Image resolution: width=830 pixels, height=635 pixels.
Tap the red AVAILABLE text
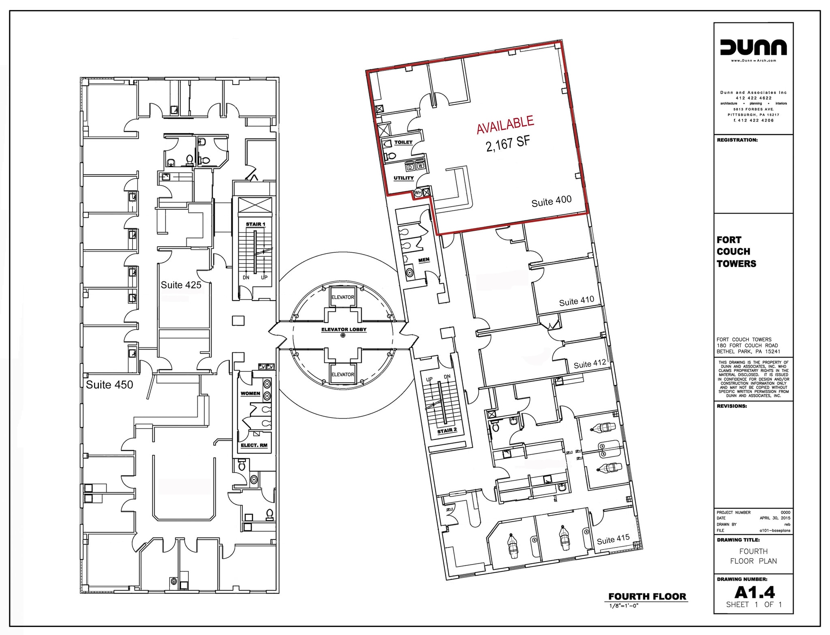tap(505, 124)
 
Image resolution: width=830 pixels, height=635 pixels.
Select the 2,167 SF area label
tap(508, 144)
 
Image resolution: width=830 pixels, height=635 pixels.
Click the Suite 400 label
tap(552, 201)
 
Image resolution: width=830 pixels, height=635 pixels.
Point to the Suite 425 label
tap(181, 285)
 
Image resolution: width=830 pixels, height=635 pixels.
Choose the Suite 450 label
tap(109, 385)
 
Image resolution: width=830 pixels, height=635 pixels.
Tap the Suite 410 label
tap(576, 301)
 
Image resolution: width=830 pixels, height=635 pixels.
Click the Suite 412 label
tap(590, 364)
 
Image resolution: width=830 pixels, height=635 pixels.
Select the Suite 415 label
tap(613, 539)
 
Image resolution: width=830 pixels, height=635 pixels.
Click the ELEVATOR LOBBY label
tap(344, 329)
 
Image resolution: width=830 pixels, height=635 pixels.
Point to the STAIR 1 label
tap(255, 224)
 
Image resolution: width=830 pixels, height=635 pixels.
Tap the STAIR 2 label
tap(447, 430)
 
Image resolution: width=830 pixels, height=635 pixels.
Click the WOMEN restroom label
tap(250, 393)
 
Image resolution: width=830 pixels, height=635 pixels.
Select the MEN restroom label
tap(424, 260)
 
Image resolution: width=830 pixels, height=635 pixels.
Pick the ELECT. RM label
tap(254, 445)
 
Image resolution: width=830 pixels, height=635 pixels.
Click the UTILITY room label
tap(404, 178)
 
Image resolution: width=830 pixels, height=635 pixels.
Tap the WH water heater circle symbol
tap(418, 193)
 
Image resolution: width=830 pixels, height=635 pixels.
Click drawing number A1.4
tap(754, 593)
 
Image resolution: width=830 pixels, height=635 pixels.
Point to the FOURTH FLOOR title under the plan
tap(647, 597)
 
